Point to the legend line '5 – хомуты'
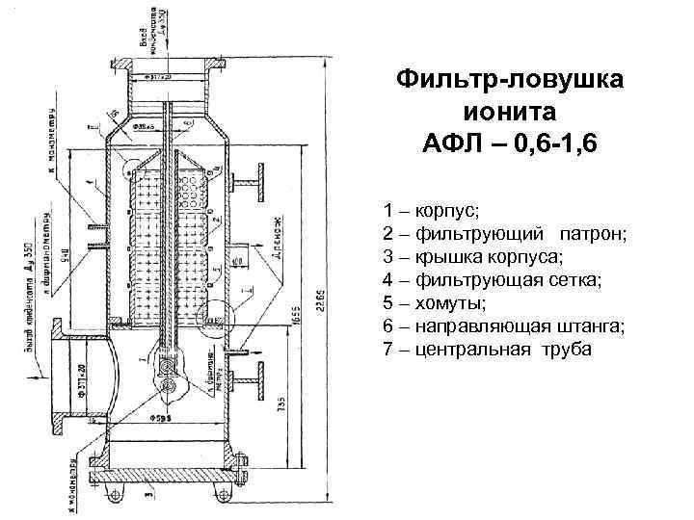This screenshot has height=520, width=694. [434, 302]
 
